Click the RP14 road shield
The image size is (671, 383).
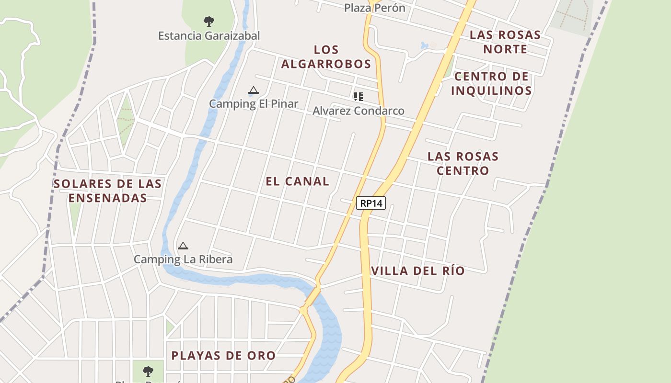click(x=371, y=203)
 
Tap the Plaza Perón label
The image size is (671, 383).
click(x=374, y=8)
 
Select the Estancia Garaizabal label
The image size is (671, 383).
click(x=209, y=35)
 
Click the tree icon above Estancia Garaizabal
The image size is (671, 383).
click(x=208, y=21)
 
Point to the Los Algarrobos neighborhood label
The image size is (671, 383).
click(x=326, y=56)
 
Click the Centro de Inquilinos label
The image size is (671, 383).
click(x=491, y=83)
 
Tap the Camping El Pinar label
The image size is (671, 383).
click(x=254, y=103)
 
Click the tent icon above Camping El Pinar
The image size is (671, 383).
click(x=254, y=90)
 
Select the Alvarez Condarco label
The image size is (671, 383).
click(x=359, y=111)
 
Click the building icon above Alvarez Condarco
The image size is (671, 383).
click(x=358, y=97)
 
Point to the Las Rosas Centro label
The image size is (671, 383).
click(x=463, y=163)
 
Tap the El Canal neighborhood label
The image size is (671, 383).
click(x=298, y=181)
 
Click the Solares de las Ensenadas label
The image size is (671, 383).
click(x=107, y=191)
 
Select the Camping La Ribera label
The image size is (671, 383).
click(x=183, y=259)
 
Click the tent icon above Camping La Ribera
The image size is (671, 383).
click(x=183, y=246)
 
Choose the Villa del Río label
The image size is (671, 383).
click(x=418, y=270)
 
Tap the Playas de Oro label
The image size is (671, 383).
click(x=223, y=355)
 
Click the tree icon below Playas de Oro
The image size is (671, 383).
click(x=148, y=371)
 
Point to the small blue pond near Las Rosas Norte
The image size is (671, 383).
click(x=424, y=46)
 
